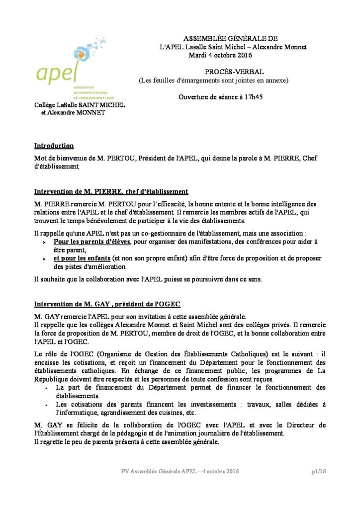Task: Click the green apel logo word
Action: coord(56,73)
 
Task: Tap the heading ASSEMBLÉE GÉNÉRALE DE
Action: coord(231,39)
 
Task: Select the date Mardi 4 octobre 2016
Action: coord(221,55)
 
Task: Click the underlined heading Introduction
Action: coord(54,146)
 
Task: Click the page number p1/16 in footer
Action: coord(319,471)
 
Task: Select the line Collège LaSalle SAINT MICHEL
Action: coord(80,105)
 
